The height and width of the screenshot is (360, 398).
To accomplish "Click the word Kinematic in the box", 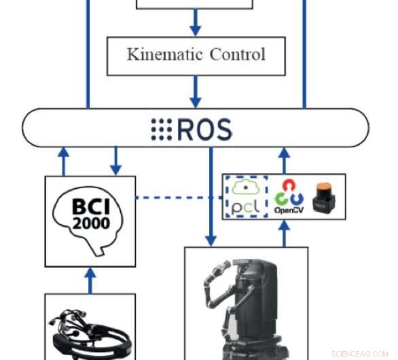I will (x=157, y=54).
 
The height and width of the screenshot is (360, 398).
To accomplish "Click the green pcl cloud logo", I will (x=246, y=197).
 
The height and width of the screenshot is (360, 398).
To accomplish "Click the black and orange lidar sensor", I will (x=323, y=197).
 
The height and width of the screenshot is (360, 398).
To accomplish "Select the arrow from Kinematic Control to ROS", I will (x=196, y=91).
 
